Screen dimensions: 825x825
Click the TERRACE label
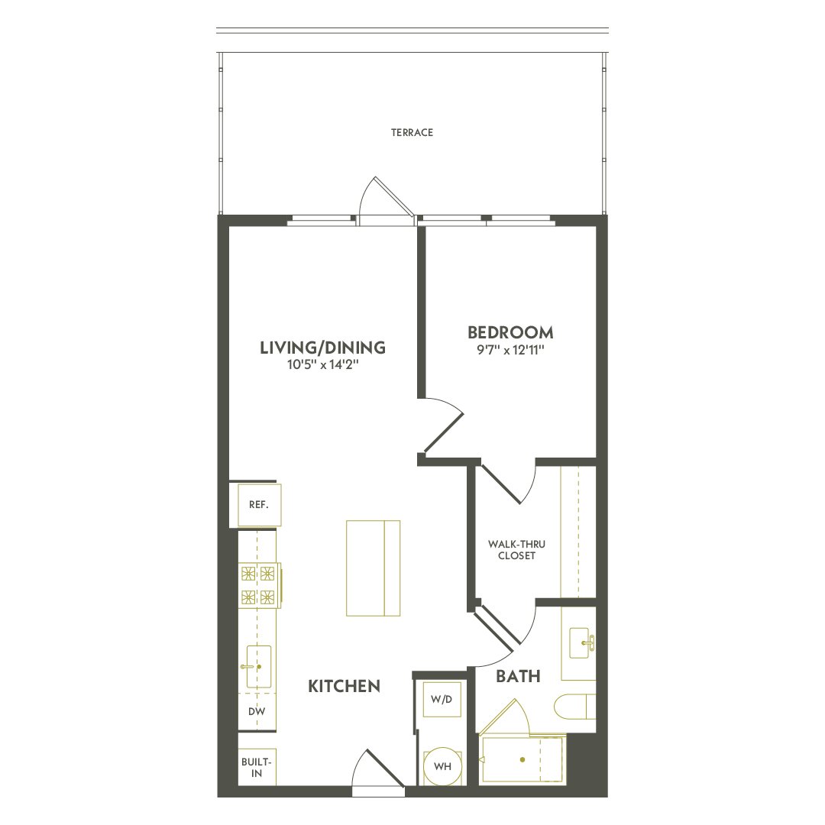point(412,133)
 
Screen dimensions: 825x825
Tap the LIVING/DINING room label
point(322,348)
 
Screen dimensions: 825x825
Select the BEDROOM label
point(510,333)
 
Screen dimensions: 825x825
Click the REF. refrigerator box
point(259,505)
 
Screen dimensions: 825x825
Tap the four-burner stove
point(257,585)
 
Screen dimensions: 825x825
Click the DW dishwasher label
point(257,711)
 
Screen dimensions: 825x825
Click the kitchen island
point(373,568)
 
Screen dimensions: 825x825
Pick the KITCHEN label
point(344,686)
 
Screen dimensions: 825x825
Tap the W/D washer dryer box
point(442,699)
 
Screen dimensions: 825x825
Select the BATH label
point(518,676)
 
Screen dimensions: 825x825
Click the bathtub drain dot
point(522,760)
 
